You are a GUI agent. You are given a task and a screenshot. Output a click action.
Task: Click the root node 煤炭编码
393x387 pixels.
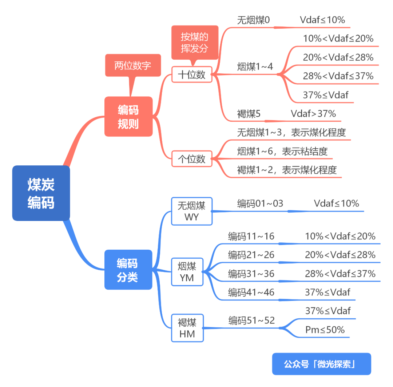41,193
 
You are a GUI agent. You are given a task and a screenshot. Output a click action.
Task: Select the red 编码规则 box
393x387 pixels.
128,116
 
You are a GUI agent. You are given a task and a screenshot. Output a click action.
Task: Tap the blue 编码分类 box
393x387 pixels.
128,270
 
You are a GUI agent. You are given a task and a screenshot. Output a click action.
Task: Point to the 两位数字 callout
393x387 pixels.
133,66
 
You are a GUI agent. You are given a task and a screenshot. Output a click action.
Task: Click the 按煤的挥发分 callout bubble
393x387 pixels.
195,43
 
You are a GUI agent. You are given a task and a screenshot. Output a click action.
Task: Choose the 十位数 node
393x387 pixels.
192,74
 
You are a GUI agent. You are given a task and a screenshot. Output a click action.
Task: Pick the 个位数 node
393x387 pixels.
192,159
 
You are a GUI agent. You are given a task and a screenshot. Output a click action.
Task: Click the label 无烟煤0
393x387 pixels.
253,20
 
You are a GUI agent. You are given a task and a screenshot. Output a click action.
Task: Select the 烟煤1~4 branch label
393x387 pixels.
255,66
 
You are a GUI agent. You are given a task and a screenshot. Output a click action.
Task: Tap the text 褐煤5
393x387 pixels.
249,114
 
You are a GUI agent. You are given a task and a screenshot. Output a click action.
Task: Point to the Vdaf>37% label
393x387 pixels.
313,113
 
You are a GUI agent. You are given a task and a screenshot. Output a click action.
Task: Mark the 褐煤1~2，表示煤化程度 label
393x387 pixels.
287,170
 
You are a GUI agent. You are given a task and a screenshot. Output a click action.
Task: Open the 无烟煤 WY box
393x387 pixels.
191,211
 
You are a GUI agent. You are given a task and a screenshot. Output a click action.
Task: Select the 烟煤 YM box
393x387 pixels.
187,272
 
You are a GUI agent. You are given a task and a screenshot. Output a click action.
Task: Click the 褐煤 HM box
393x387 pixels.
187,328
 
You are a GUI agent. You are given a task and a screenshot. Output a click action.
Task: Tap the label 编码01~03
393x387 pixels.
260,203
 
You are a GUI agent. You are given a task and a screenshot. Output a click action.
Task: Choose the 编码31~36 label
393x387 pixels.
251,274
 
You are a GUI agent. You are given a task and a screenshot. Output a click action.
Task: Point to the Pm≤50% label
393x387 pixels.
325,330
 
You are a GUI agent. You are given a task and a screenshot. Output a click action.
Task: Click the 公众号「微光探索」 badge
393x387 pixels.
321,364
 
